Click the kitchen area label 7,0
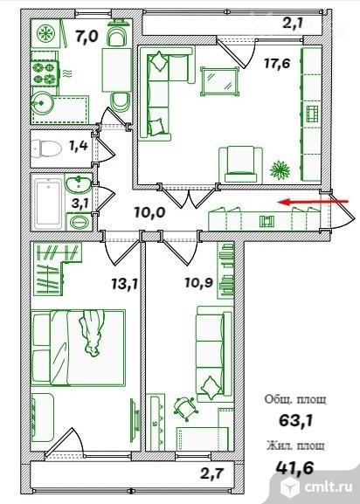87,36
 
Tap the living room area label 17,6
277,63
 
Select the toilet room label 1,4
79,146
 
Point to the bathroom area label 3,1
80,204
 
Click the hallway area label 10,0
149,212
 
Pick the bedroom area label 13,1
125,284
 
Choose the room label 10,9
199,282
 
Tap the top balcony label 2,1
293,23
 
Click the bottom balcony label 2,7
211,473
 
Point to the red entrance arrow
313,202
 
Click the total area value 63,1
295,420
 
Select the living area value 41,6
294,468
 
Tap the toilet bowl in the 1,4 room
46,148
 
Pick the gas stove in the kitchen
45,73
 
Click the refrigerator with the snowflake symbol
46,34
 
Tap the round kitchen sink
41,103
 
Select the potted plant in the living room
280,169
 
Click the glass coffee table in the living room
220,81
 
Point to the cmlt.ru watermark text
328,487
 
